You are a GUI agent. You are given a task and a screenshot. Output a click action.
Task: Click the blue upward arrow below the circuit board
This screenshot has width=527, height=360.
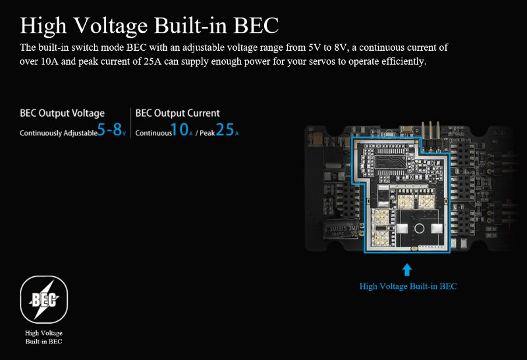[x=407, y=269]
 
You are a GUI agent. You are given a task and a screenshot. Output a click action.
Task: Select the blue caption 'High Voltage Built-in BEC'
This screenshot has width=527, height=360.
[x=407, y=286]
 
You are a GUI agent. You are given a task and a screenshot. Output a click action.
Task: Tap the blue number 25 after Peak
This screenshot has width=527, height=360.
[x=225, y=131]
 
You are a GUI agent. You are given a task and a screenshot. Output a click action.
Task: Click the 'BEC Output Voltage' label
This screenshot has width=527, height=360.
[x=62, y=113]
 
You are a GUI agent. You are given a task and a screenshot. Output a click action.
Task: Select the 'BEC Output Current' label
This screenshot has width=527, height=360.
[x=177, y=113]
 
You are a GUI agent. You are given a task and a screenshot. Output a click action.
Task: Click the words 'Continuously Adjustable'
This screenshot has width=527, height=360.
[x=58, y=133]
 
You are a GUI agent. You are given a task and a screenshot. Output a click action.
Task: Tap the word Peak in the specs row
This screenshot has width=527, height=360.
[x=208, y=133]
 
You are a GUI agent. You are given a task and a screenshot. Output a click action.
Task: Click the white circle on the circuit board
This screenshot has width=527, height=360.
[x=418, y=229]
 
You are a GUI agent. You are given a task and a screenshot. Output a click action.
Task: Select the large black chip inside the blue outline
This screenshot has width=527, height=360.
[x=388, y=158]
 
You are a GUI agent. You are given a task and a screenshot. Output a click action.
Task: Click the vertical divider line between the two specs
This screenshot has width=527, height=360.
[x=130, y=123]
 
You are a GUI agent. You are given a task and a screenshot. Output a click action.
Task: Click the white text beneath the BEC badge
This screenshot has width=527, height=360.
[x=43, y=337]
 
